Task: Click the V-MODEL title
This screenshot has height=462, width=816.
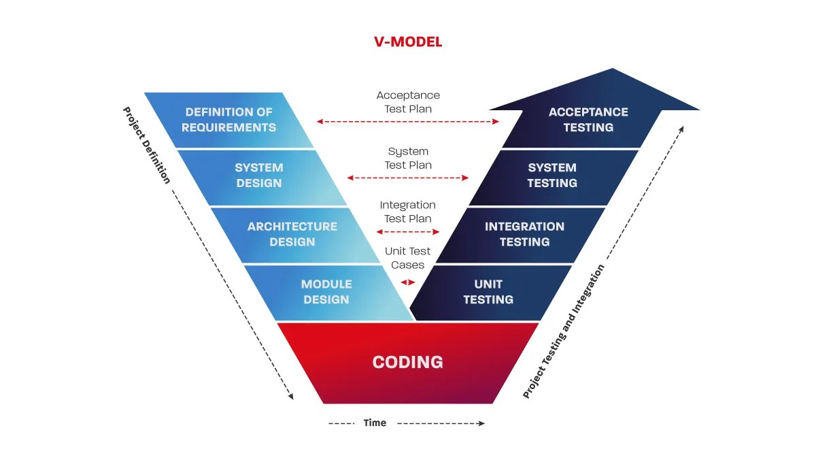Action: pyautogui.click(x=408, y=42)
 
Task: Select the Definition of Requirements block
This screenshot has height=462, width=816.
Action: pyautogui.click(x=229, y=120)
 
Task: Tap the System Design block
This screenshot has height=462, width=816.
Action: pyautogui.click(x=258, y=176)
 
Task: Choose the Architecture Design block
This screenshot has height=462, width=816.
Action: pyautogui.click(x=292, y=234)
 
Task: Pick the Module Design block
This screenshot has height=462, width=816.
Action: pyautogui.click(x=326, y=292)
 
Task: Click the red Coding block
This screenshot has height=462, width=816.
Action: pyautogui.click(x=408, y=362)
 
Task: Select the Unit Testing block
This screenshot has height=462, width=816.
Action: pyautogui.click(x=488, y=292)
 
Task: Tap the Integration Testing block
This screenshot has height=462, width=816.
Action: pyautogui.click(x=524, y=234)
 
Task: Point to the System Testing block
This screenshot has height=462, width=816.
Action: pyautogui.click(x=552, y=176)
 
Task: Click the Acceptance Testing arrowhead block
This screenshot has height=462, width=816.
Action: pyautogui.click(x=588, y=119)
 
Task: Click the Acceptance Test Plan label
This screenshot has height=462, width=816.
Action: pyautogui.click(x=408, y=102)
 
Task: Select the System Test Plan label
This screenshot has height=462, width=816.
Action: pyautogui.click(x=408, y=158)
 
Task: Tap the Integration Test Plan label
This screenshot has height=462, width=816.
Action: pyautogui.click(x=408, y=212)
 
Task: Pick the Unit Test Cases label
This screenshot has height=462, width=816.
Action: pyautogui.click(x=408, y=258)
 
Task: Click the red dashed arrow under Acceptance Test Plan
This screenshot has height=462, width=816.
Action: pyautogui.click(x=408, y=122)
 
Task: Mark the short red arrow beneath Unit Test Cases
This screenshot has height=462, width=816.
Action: pyautogui.click(x=408, y=282)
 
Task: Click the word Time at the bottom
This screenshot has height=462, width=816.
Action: pyautogui.click(x=375, y=423)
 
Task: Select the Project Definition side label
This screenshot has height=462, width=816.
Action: pyautogui.click(x=146, y=145)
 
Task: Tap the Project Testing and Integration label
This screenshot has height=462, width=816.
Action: pyautogui.click(x=564, y=331)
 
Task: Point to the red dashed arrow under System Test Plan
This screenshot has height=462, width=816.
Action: pyautogui.click(x=408, y=178)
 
